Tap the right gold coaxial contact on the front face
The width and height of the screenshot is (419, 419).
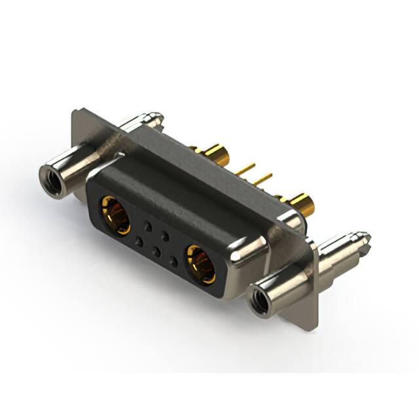pos(200,263)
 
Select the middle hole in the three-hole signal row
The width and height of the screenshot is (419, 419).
pos(155,251)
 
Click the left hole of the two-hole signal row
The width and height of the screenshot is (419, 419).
pos(148,227)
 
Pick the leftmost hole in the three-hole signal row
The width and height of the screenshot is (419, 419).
pos(138,242)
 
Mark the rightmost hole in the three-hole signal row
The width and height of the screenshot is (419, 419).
pos(173,262)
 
